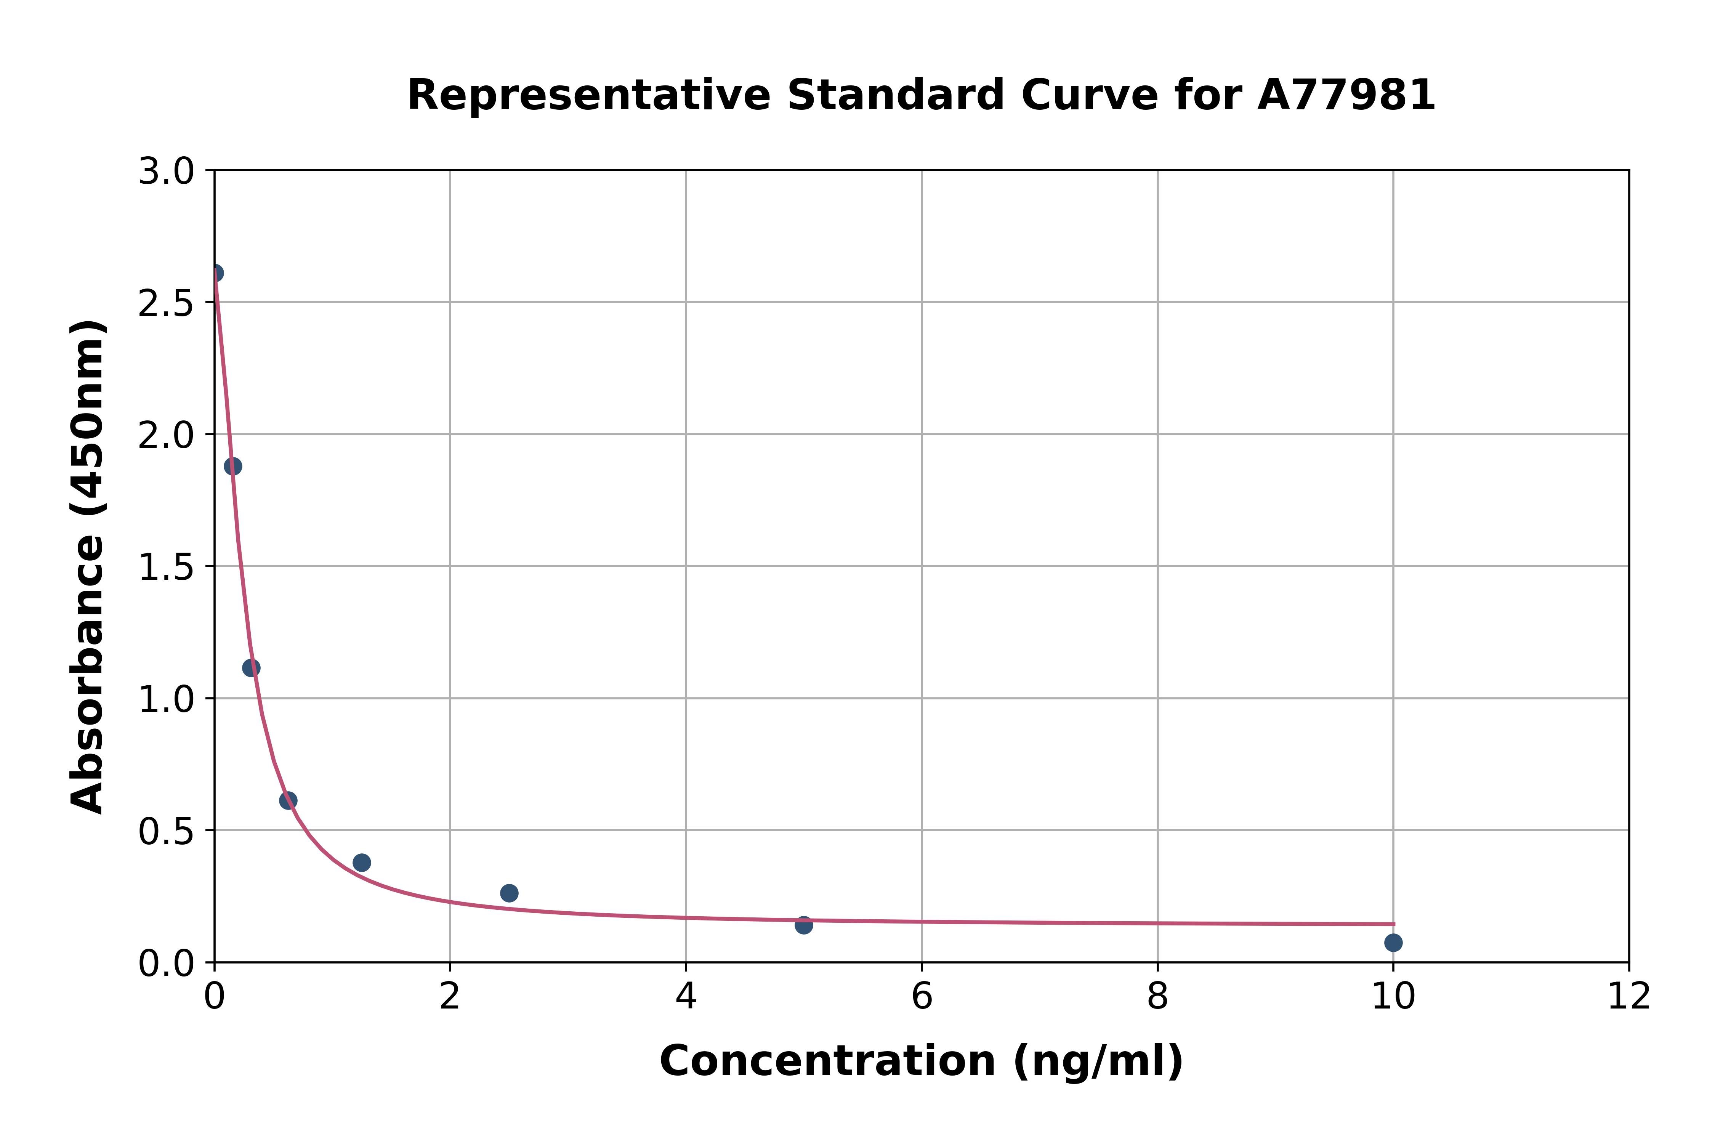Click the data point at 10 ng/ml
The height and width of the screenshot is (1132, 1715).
pyautogui.click(x=1393, y=942)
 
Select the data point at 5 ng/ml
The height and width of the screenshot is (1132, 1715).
pyautogui.click(x=804, y=925)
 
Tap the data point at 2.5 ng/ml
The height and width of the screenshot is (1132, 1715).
pyautogui.click(x=509, y=893)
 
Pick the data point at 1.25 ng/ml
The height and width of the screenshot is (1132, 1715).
pyautogui.click(x=362, y=863)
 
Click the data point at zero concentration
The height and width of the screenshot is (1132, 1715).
pyautogui.click(x=215, y=273)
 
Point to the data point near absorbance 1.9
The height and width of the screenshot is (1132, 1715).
pyautogui.click(x=232, y=467)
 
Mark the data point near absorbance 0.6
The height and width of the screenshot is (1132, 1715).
pyautogui.click(x=288, y=800)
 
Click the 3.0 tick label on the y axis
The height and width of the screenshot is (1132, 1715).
pyautogui.click(x=166, y=172)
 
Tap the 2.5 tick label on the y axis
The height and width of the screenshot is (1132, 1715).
pyautogui.click(x=166, y=304)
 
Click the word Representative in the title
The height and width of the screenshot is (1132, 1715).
pyautogui.click(x=589, y=95)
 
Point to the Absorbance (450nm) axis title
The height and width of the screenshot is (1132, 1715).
pyautogui.click(x=88, y=567)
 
